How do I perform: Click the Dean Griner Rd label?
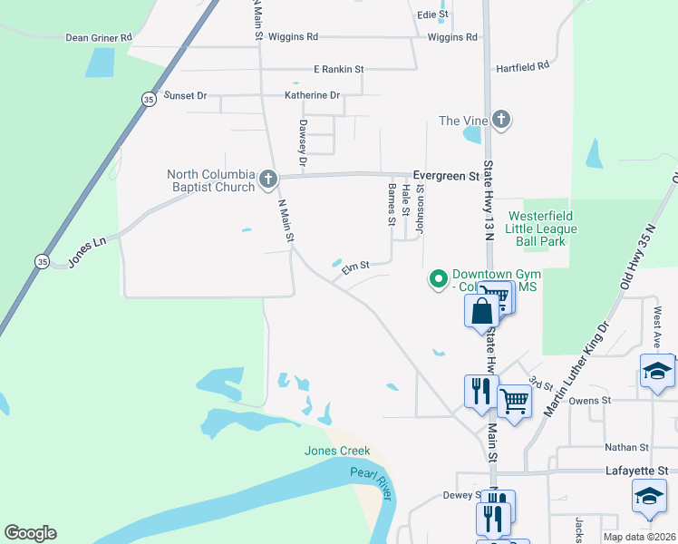[x=99, y=38]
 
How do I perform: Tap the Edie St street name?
[x=432, y=15]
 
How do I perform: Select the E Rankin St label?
[x=338, y=69]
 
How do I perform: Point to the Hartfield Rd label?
[x=522, y=67]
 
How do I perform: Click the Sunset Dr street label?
[x=185, y=95]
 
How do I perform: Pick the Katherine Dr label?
[x=312, y=95]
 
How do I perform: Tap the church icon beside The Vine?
[x=501, y=120]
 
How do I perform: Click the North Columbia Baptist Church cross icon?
[x=267, y=179]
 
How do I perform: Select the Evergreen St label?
[x=445, y=175]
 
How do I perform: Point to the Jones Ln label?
[x=87, y=254]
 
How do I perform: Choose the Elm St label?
[x=354, y=267]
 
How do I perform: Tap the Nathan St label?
[x=627, y=448]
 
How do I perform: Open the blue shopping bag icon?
[x=481, y=310]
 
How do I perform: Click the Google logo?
[x=30, y=533]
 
